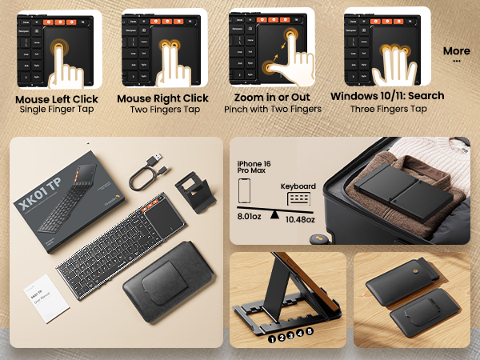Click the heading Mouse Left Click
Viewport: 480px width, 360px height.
pos(57,99)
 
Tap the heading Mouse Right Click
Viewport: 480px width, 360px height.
pos(162,98)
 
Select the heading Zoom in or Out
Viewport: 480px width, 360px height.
pos(273,98)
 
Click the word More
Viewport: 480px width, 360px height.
pos(456,51)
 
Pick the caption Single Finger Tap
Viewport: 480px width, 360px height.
pos(57,110)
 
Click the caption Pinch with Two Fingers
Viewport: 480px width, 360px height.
pos(273,109)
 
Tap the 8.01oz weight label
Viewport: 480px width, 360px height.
pos(251,216)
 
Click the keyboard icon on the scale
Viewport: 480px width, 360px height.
pos(298,198)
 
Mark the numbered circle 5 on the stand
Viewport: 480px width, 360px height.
pos(310,330)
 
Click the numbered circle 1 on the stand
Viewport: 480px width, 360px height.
pos(272,338)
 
